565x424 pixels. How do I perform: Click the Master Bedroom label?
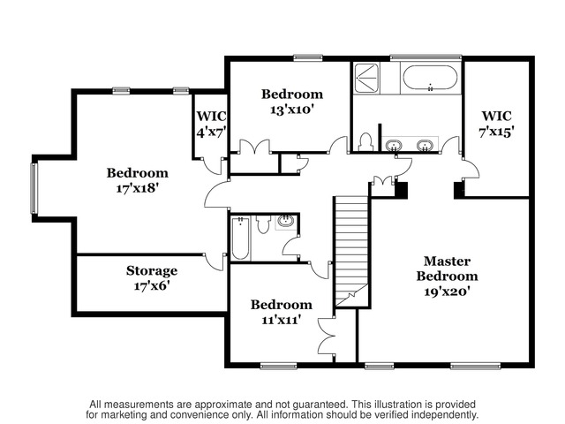(x=447, y=269)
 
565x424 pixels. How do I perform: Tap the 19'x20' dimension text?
(x=448, y=291)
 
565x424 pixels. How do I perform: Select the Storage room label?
(x=152, y=271)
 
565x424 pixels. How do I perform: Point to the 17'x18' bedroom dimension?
(x=138, y=188)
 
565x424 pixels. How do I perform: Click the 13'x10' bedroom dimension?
(x=290, y=110)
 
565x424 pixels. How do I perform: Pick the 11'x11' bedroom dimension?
(x=281, y=320)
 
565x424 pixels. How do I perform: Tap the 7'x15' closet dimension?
(x=496, y=132)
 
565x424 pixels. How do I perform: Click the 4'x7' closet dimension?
(x=212, y=132)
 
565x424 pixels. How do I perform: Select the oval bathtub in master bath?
(x=430, y=78)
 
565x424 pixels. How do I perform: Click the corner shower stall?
(x=366, y=78)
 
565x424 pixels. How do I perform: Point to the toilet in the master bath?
(x=365, y=142)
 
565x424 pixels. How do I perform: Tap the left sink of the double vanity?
(x=394, y=145)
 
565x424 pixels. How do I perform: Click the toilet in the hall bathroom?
(x=263, y=223)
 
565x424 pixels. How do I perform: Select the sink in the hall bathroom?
(x=286, y=222)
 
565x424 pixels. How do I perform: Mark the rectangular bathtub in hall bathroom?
(x=240, y=238)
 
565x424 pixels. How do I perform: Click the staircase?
(x=351, y=252)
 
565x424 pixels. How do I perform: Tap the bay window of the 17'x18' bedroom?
(x=34, y=188)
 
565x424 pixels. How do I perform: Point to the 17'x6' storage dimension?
(x=152, y=286)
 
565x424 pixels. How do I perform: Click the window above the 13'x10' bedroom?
(x=308, y=57)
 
